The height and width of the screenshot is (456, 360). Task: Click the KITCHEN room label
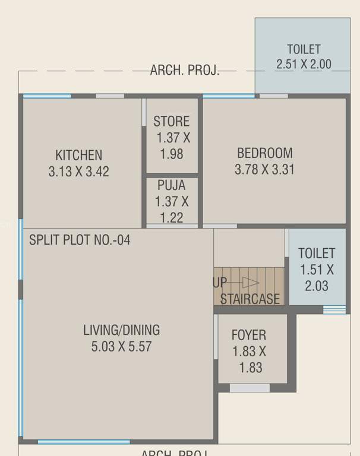click(x=78, y=155)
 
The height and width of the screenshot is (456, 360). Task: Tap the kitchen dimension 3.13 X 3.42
click(x=78, y=172)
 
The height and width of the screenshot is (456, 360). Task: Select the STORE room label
click(x=171, y=122)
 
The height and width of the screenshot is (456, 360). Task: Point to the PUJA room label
click(x=171, y=186)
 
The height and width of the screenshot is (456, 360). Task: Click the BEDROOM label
click(x=264, y=153)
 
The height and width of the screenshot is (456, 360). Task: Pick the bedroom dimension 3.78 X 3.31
click(x=264, y=170)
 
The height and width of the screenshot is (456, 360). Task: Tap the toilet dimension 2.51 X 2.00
click(x=304, y=65)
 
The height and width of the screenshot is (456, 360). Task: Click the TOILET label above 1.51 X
click(x=317, y=253)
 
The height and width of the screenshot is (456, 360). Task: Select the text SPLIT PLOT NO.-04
click(x=80, y=240)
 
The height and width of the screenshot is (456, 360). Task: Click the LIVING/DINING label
click(x=121, y=330)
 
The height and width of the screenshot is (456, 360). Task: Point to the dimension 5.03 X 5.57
click(x=121, y=347)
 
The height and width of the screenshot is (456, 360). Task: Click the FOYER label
click(x=249, y=335)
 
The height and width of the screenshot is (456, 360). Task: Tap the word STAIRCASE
click(x=250, y=299)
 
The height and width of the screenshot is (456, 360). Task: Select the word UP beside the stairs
click(x=220, y=283)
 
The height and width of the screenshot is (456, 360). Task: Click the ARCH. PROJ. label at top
click(x=184, y=71)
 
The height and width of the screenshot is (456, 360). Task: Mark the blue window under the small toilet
click(x=334, y=309)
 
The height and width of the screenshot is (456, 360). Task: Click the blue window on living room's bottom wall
click(x=83, y=442)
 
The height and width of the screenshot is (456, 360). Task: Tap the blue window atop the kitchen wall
click(x=48, y=96)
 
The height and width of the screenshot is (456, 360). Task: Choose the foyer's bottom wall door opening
click(x=250, y=388)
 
